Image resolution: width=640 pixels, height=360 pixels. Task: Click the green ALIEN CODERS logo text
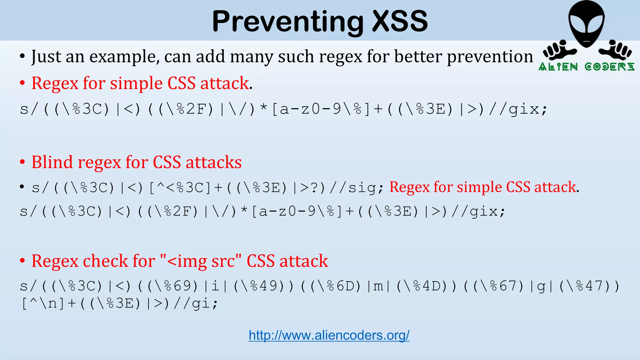click(586, 67)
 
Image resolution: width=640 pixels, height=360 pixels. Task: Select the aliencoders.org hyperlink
click(329, 335)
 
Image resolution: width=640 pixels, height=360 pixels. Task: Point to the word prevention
click(490, 57)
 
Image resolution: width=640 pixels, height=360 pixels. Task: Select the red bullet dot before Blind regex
click(22, 162)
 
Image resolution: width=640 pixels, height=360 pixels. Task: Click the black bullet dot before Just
click(22, 57)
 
